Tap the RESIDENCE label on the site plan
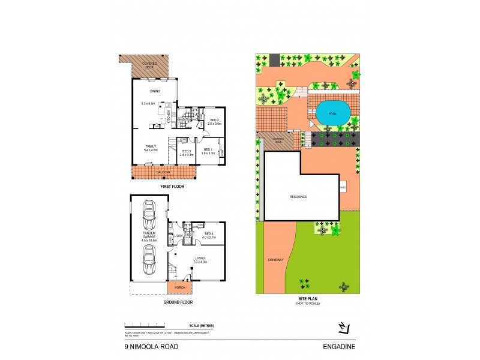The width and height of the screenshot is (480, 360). click(x=298, y=197)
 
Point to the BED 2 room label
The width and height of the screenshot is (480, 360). click(x=214, y=122)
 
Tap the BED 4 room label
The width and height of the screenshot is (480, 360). click(x=209, y=235)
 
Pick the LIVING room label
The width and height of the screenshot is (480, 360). click(x=200, y=259)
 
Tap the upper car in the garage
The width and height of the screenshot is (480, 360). click(x=148, y=213)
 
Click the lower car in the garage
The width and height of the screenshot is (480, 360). click(x=148, y=260)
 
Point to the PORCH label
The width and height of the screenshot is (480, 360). click(x=179, y=287)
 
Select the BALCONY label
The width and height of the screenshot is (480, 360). click(x=164, y=173)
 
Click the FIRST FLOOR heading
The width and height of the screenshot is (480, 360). click(x=172, y=187)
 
